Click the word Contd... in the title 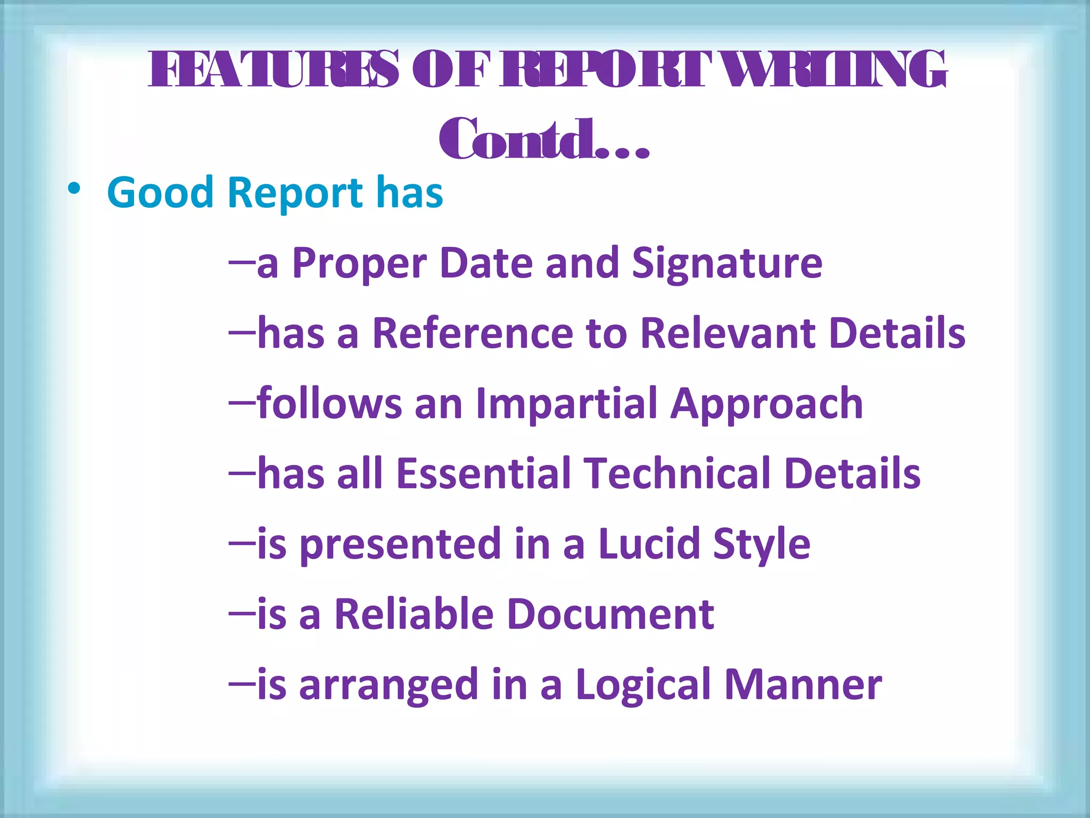(544, 140)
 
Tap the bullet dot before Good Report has (74, 190)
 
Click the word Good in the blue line (160, 192)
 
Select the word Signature (727, 264)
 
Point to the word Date (486, 263)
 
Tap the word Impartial (566, 404)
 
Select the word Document (610, 614)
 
